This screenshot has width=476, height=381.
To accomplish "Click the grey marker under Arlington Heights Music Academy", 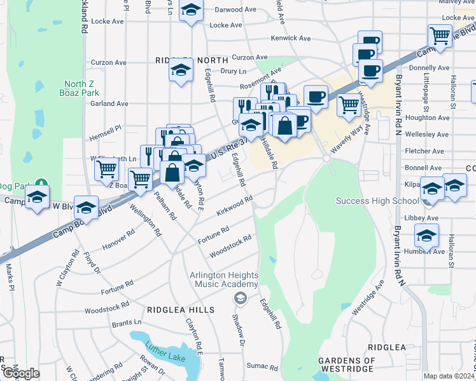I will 240,298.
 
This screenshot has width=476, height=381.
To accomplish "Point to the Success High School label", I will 369,201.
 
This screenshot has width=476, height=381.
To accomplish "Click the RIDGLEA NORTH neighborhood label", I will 192,60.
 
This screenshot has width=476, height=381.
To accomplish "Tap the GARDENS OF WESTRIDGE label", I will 346,366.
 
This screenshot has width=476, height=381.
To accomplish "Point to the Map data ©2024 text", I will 449,376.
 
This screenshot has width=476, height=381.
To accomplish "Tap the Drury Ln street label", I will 233,72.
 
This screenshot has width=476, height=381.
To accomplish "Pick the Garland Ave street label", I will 109,104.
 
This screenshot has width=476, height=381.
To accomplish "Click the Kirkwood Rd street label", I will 235,204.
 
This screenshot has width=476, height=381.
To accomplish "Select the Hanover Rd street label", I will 120,238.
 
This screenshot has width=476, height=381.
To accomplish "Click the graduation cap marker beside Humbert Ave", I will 426,236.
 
